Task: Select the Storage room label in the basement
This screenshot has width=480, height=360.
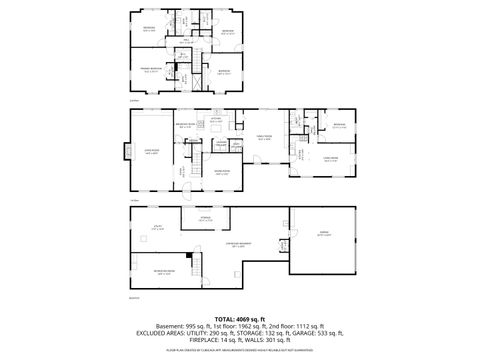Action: point(204,219)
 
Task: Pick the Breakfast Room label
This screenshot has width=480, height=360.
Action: point(185,127)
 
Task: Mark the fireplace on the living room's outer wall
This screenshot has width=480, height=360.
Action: point(128,152)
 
